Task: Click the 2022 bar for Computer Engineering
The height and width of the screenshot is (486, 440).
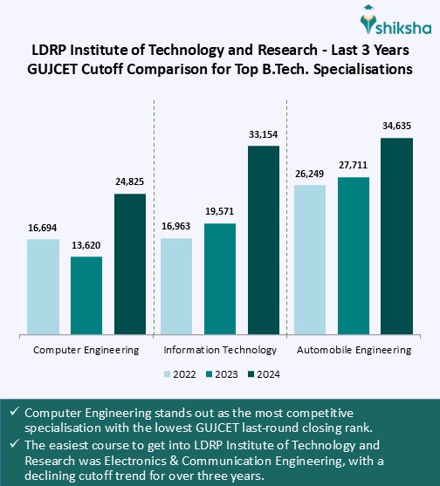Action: point(43,285)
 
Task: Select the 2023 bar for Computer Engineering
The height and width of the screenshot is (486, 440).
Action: point(86,295)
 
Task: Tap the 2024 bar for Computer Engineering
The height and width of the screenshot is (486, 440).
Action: point(130,264)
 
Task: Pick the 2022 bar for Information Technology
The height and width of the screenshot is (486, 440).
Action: point(176,285)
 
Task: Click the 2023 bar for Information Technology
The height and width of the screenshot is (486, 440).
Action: point(220,278)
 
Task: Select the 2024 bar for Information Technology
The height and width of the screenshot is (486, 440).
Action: point(264,239)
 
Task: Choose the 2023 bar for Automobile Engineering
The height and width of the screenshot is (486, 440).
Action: point(353,255)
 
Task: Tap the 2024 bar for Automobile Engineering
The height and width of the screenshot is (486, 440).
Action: point(396,235)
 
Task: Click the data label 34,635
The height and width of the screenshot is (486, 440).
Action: point(396,127)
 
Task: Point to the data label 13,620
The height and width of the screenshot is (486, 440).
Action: point(86,246)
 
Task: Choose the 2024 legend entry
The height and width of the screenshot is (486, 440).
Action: point(267,374)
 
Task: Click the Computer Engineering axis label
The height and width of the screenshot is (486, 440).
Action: point(86,350)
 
